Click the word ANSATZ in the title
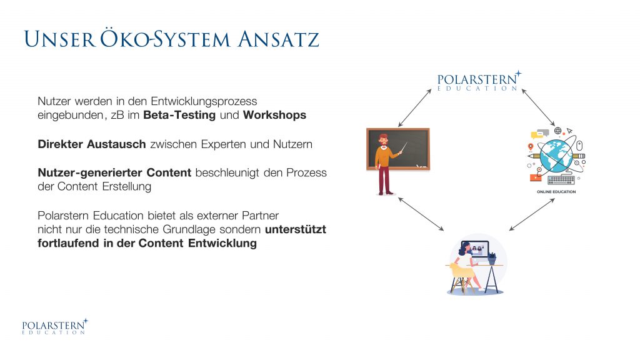[278, 39]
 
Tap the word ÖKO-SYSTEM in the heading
[165, 39]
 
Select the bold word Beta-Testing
[179, 115]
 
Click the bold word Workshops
[274, 115]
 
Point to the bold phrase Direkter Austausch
[92, 144]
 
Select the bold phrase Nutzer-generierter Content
[115, 172]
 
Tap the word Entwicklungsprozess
[204, 101]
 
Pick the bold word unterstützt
[296, 229]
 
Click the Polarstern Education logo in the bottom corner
[55, 327]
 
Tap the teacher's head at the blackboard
[383, 139]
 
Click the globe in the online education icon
[556, 155]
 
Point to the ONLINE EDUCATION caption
[556, 191]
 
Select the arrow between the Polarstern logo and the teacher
[415, 108]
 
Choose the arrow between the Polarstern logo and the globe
[538, 107]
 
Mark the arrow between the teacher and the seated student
[421, 214]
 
